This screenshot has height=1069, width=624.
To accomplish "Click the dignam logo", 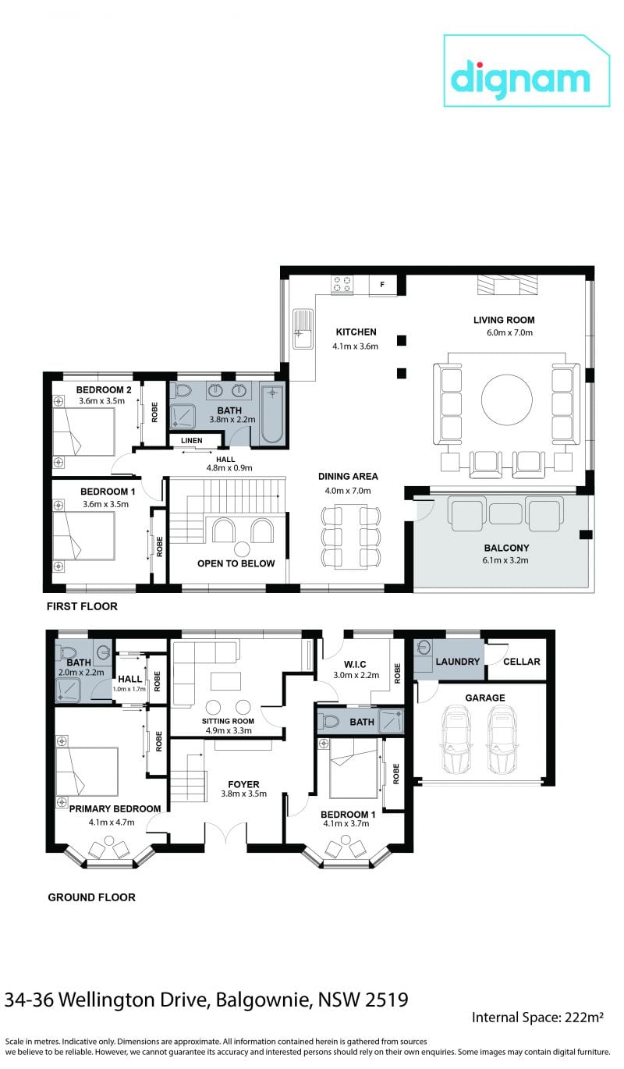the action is tap(526, 71).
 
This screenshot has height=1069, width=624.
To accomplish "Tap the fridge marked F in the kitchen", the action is tap(383, 285).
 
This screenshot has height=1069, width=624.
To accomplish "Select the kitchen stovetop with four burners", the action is tap(342, 285).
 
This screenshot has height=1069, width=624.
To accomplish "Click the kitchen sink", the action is tap(303, 329).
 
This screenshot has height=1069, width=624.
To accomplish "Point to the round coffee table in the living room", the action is tap(507, 400).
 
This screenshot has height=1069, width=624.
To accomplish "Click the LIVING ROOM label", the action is tap(504, 320).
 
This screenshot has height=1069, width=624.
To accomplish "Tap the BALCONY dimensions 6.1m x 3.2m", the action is tap(505, 560).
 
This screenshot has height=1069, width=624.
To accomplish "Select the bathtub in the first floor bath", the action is tap(272, 414).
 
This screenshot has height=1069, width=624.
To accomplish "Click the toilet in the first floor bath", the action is tap(183, 390).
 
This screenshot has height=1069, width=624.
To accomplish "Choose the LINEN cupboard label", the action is tap(192, 441).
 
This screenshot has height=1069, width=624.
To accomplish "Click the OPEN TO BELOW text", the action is tap(236, 563).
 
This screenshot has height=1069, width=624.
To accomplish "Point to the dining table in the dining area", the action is tap(351, 536).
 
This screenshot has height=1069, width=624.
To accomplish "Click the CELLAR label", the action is tap(522, 662).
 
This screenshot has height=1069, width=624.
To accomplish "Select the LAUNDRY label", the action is tap(458, 662).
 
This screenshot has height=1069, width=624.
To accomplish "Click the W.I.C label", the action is tap(355, 664).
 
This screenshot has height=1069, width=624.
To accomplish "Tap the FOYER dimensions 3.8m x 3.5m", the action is tap(244, 794).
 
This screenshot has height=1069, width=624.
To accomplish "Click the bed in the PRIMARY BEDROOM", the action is tap(87, 772).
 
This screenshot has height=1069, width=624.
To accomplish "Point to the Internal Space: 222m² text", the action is tap(537, 1018).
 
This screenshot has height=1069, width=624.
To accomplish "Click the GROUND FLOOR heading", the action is tap(91, 897).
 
